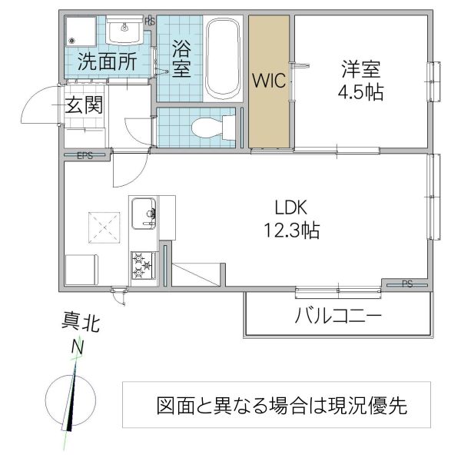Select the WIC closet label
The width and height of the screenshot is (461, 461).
click(267, 80)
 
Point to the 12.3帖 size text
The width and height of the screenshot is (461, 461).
click(293, 229)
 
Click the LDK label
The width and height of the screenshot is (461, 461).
click(292, 207)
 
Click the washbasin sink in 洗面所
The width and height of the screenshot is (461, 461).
click(124, 32)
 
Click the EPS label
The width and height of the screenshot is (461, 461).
click(85, 156)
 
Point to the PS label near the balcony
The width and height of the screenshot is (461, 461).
click(406, 284)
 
